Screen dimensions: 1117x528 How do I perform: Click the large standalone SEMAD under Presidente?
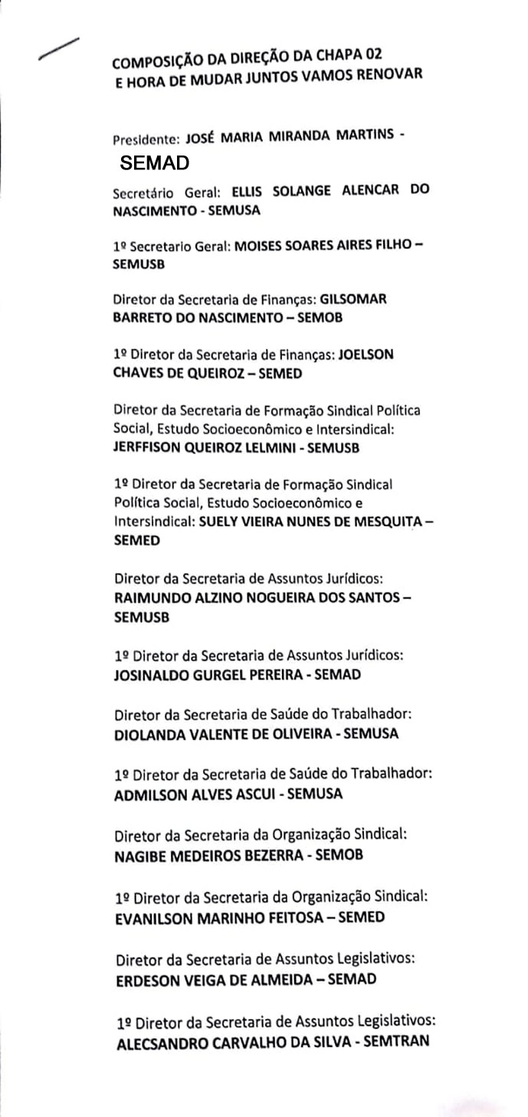pyautogui.click(x=155, y=163)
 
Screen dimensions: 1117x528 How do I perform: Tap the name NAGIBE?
pyautogui.click(x=138, y=854)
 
